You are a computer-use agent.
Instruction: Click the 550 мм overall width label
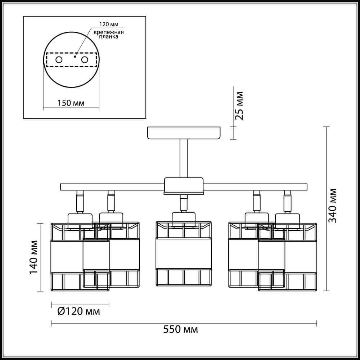[x=180, y=329]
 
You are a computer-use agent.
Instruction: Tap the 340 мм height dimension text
[x=332, y=206]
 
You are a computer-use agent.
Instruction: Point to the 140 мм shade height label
[x=33, y=257]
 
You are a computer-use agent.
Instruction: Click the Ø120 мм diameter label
[x=79, y=311]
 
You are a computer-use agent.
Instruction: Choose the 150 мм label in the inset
[x=71, y=103]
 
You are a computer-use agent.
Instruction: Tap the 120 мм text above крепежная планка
[x=109, y=24]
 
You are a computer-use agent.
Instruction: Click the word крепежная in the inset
[x=109, y=32]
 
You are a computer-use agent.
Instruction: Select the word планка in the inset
[x=109, y=37]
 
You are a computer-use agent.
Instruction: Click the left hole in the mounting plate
[x=59, y=60]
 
